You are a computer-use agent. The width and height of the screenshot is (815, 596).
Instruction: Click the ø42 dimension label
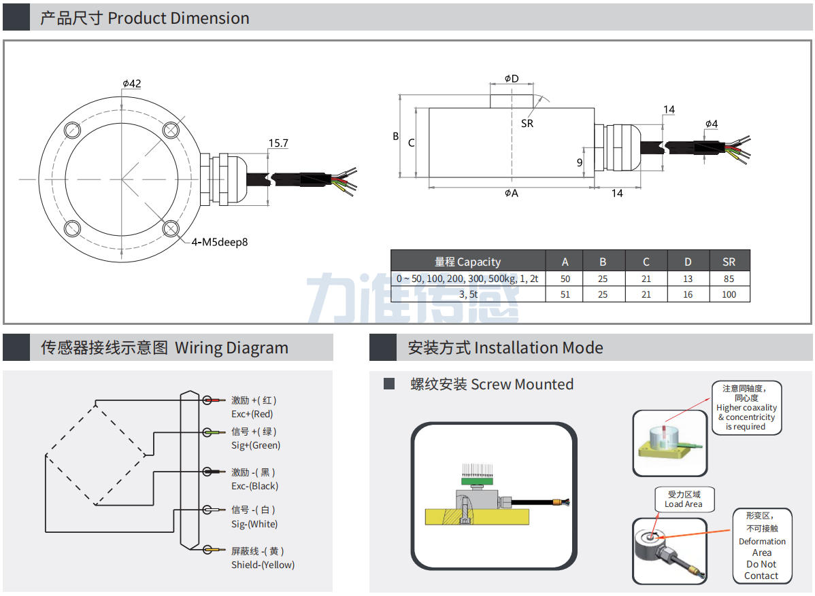click(x=132, y=84)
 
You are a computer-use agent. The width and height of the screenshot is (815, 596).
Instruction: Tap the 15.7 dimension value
click(x=278, y=143)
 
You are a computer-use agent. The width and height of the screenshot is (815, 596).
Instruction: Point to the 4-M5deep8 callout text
click(x=220, y=242)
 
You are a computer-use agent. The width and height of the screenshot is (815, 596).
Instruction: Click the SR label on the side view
click(x=527, y=123)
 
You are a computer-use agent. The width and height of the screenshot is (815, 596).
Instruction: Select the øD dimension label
click(x=512, y=79)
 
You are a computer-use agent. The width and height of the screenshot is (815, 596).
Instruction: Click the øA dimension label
click(x=512, y=193)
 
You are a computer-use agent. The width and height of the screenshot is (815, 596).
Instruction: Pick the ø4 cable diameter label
click(x=712, y=124)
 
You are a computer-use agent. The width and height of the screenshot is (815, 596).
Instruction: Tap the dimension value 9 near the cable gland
click(x=580, y=162)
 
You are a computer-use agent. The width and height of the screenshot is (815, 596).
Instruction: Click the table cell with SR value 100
click(x=729, y=294)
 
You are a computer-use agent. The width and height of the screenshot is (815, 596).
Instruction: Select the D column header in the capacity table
click(x=688, y=262)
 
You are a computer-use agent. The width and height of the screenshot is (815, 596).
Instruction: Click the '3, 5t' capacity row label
click(x=468, y=294)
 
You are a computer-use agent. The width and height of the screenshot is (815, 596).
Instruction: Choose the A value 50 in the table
click(x=565, y=279)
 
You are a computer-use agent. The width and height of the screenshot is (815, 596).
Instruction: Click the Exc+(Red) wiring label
click(x=252, y=414)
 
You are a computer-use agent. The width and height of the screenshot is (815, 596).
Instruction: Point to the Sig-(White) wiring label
click(x=254, y=524)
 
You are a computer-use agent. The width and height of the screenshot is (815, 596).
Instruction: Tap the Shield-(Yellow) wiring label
click(x=263, y=565)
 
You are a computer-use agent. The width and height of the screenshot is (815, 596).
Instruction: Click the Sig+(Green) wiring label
click(x=256, y=445)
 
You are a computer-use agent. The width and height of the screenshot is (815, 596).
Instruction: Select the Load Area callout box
click(x=683, y=499)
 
